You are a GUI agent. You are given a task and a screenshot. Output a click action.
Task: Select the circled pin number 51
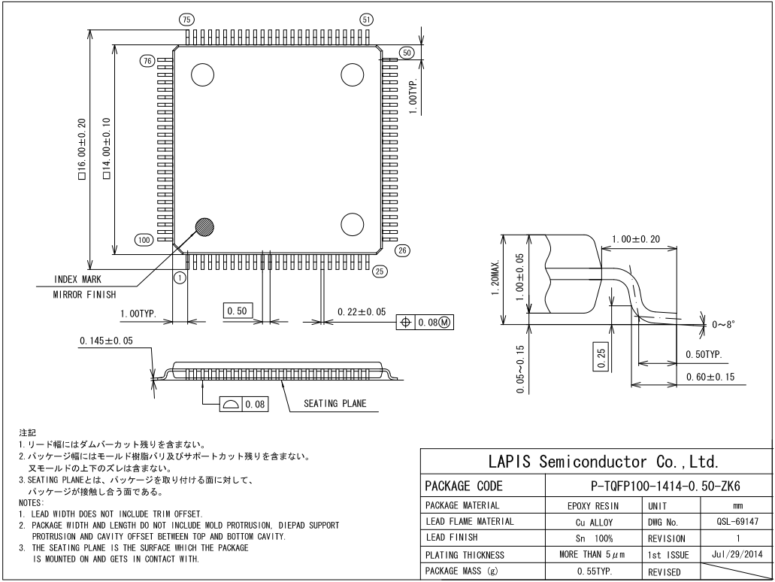[x=367, y=20]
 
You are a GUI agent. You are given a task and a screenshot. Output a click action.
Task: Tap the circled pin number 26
[x=401, y=250]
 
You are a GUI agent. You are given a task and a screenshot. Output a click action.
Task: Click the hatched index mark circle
[x=204, y=226]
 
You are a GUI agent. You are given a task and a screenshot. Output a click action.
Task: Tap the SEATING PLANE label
[x=335, y=404]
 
